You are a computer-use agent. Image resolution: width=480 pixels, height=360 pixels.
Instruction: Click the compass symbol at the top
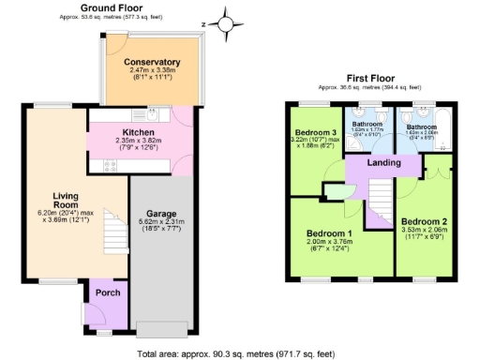(x=226, y=20)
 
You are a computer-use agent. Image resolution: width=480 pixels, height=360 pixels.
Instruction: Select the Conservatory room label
(x=152, y=62)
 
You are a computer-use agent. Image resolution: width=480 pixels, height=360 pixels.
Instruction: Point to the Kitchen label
(x=139, y=132)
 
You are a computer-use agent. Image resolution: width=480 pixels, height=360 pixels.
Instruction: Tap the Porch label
(x=109, y=292)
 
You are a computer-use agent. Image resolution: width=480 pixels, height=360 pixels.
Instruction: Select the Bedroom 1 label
(x=329, y=233)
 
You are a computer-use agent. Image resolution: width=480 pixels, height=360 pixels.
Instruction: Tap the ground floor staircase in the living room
(x=112, y=230)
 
